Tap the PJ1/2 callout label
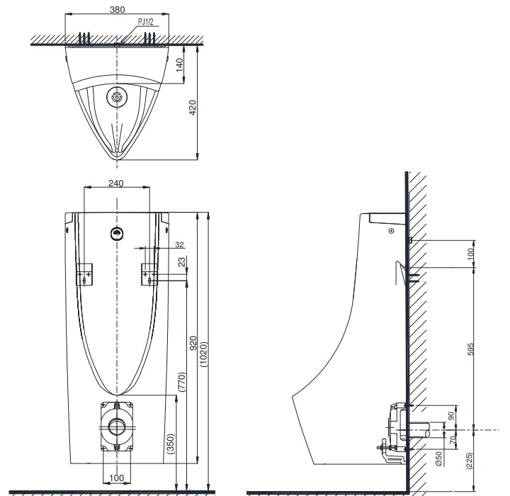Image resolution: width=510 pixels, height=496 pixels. [x=146, y=22]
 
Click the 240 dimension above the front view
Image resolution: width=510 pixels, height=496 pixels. [x=116, y=183]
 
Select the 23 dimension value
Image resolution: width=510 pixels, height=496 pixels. [x=182, y=262]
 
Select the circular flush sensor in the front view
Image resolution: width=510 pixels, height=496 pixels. [x=116, y=232]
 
